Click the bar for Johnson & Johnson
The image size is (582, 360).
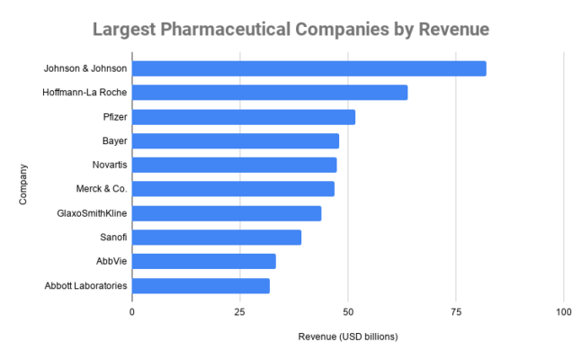click(309, 68)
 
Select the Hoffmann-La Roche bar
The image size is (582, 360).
click(270, 93)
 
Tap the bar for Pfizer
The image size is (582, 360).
click(244, 117)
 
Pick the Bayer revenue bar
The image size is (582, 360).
click(236, 140)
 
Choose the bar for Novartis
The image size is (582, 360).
click(234, 165)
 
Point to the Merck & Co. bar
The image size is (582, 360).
click(233, 189)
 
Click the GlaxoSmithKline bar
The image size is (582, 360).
click(227, 213)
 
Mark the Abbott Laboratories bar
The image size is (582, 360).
click(201, 285)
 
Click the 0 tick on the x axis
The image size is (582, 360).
click(132, 311)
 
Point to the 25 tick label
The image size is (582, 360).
click(239, 311)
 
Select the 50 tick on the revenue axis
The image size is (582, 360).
click(347, 311)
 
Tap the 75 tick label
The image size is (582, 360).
click(455, 311)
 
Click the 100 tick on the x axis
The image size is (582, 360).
click(563, 311)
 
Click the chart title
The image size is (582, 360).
click(291, 29)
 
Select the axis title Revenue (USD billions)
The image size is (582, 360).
click(347, 337)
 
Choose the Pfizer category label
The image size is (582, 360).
click(114, 117)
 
